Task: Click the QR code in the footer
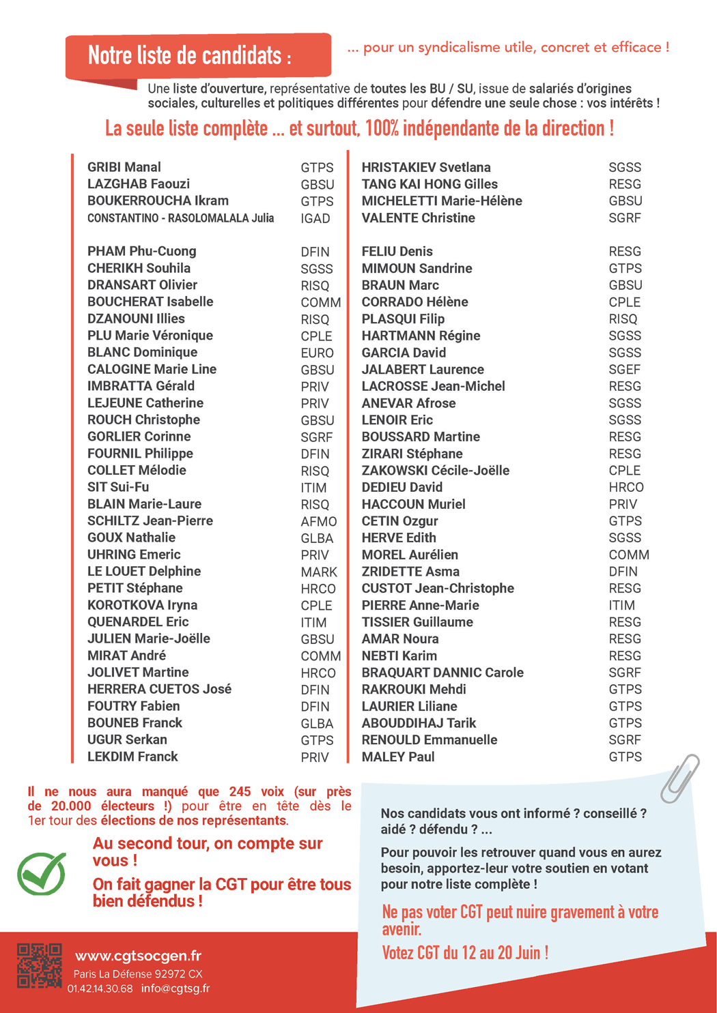[x=39, y=965]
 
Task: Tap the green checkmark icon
[x=42, y=874]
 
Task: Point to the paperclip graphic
[x=679, y=778]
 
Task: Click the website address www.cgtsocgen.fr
[x=138, y=956]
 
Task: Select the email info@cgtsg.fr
[x=175, y=988]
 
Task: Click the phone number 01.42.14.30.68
[x=100, y=988]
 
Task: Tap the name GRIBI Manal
[x=124, y=167]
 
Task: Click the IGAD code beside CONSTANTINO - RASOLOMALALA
[x=315, y=218]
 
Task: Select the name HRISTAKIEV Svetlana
[x=426, y=167]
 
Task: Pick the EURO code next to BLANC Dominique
[x=317, y=353]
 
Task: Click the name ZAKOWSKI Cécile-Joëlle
[x=435, y=471]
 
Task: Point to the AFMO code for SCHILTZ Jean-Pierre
[x=319, y=521]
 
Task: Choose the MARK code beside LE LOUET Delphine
[x=319, y=572]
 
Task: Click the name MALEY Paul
[x=398, y=757]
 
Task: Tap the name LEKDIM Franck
[x=132, y=757]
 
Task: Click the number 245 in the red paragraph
[x=240, y=791]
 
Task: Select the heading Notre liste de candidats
[x=189, y=55]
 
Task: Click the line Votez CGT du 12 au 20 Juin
[x=465, y=952]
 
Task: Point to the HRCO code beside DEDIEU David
[x=625, y=487]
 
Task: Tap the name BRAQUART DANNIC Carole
[x=442, y=673]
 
